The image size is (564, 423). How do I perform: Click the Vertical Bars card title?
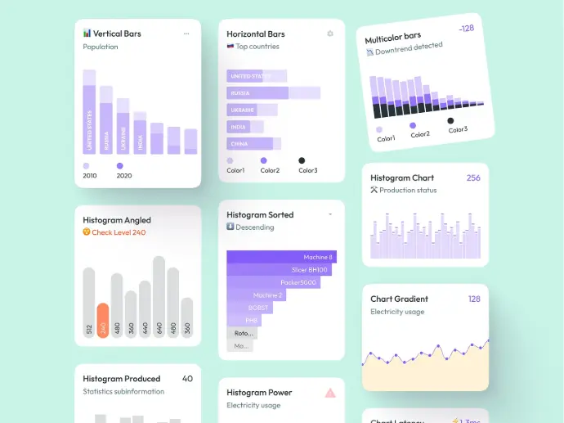tap(117, 34)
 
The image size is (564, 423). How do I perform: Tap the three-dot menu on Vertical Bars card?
tap(186, 34)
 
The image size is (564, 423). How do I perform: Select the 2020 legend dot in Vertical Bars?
tap(119, 165)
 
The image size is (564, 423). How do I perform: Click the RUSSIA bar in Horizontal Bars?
tap(273, 93)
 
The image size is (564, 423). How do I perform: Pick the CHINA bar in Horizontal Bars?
tap(253, 144)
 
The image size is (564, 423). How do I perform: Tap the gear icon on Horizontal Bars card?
tap(330, 34)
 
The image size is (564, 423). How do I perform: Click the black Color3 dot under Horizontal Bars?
tap(302, 160)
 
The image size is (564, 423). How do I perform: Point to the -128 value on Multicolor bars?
tap(466, 29)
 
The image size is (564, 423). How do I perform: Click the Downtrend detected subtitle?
tap(409, 49)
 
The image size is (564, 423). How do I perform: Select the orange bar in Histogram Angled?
tap(103, 320)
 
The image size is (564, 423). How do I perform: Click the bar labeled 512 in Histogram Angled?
tap(89, 302)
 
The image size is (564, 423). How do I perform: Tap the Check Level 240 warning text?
tap(119, 232)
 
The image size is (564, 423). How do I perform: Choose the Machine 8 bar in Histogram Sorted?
tap(281, 257)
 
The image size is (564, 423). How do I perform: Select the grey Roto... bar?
tap(242, 333)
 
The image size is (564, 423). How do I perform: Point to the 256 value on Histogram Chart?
tap(473, 178)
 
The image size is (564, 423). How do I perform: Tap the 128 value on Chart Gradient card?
tap(474, 299)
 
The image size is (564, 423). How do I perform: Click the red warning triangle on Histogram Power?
tap(330, 393)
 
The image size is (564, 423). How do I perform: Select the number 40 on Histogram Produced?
tap(187, 379)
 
